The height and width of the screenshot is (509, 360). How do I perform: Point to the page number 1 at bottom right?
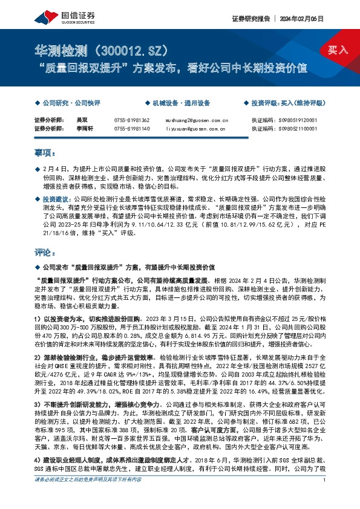[x=325, y=497]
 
